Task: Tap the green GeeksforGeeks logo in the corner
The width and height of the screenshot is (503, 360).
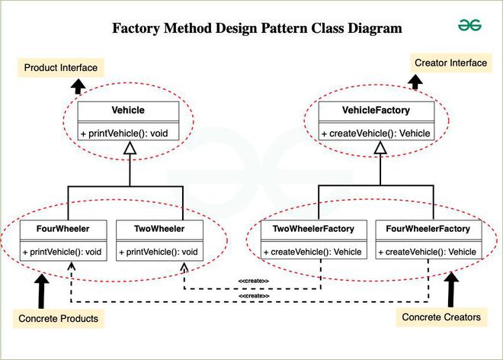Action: [x=469, y=24]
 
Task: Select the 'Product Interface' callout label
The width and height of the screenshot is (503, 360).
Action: [x=61, y=68]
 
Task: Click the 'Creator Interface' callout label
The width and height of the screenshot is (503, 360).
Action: [x=450, y=63]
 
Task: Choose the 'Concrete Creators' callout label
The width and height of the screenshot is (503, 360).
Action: [x=441, y=316]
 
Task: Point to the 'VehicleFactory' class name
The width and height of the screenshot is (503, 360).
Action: [x=376, y=111]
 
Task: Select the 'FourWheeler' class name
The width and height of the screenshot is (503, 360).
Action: [x=62, y=229]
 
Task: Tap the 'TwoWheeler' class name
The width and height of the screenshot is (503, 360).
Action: [x=159, y=229]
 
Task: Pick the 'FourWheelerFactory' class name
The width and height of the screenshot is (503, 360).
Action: [x=428, y=229]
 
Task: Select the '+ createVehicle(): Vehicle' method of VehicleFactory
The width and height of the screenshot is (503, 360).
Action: [x=376, y=133]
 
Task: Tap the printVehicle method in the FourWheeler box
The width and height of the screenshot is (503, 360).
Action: [x=62, y=252]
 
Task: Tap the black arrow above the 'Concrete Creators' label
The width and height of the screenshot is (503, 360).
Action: [x=452, y=289]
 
